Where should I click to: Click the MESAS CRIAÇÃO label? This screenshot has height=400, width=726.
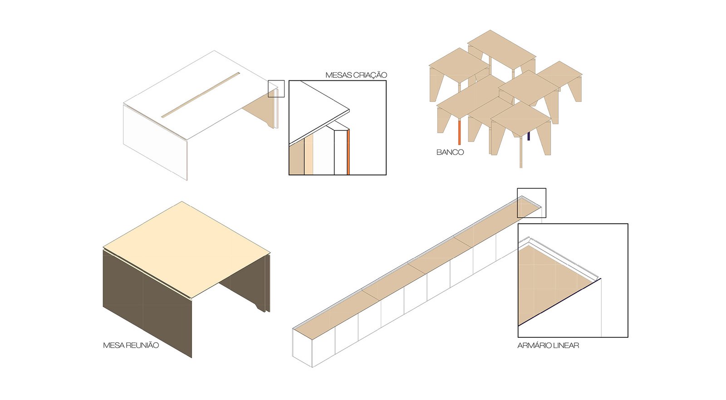356,75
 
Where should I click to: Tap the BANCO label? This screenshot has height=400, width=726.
450,152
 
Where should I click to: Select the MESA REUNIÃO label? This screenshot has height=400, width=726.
131,345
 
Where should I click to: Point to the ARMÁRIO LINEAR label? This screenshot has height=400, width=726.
548,345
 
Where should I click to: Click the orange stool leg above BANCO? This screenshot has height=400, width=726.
459,132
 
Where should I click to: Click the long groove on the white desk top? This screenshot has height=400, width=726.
201,95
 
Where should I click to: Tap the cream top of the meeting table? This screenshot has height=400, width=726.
186,248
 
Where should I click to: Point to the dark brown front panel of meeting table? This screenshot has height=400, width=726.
147,304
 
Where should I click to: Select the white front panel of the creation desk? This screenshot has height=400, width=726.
155,142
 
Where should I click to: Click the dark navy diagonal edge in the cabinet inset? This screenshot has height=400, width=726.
560,302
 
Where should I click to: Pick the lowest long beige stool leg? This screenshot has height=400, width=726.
521,152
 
